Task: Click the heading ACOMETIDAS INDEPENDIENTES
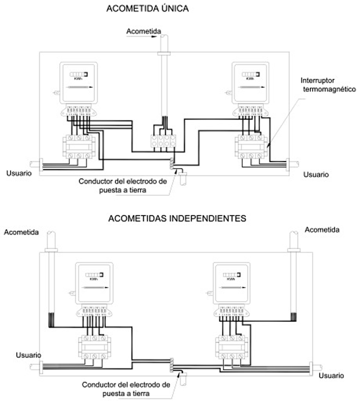click(177, 219)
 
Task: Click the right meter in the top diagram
click(250, 83)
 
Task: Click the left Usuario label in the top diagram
click(19, 173)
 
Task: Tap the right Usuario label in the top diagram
click(316, 174)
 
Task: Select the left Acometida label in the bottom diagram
click(21, 232)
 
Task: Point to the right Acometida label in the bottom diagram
click(322, 230)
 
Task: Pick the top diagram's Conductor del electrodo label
click(123, 185)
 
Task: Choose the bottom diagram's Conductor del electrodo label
click(126, 388)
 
